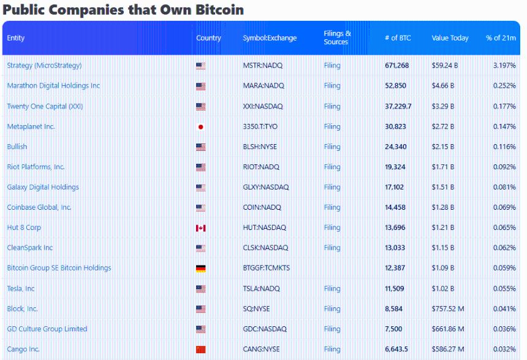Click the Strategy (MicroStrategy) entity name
point(44,66)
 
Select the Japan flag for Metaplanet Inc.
point(200,127)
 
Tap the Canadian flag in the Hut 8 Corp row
point(200,228)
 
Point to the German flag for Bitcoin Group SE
point(200,269)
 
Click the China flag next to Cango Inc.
point(200,350)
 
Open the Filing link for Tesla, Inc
point(332,289)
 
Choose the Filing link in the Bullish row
point(332,147)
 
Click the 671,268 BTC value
point(397,66)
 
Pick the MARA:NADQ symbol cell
point(263,86)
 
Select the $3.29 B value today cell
point(443,107)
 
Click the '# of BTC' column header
point(398,38)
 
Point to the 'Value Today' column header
point(450,38)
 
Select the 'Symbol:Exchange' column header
point(270,38)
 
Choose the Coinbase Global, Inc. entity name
point(39,208)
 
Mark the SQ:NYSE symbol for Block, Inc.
point(256,309)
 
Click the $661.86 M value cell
point(449,329)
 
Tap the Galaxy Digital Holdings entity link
point(43,188)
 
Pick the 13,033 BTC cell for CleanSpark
point(395,248)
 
